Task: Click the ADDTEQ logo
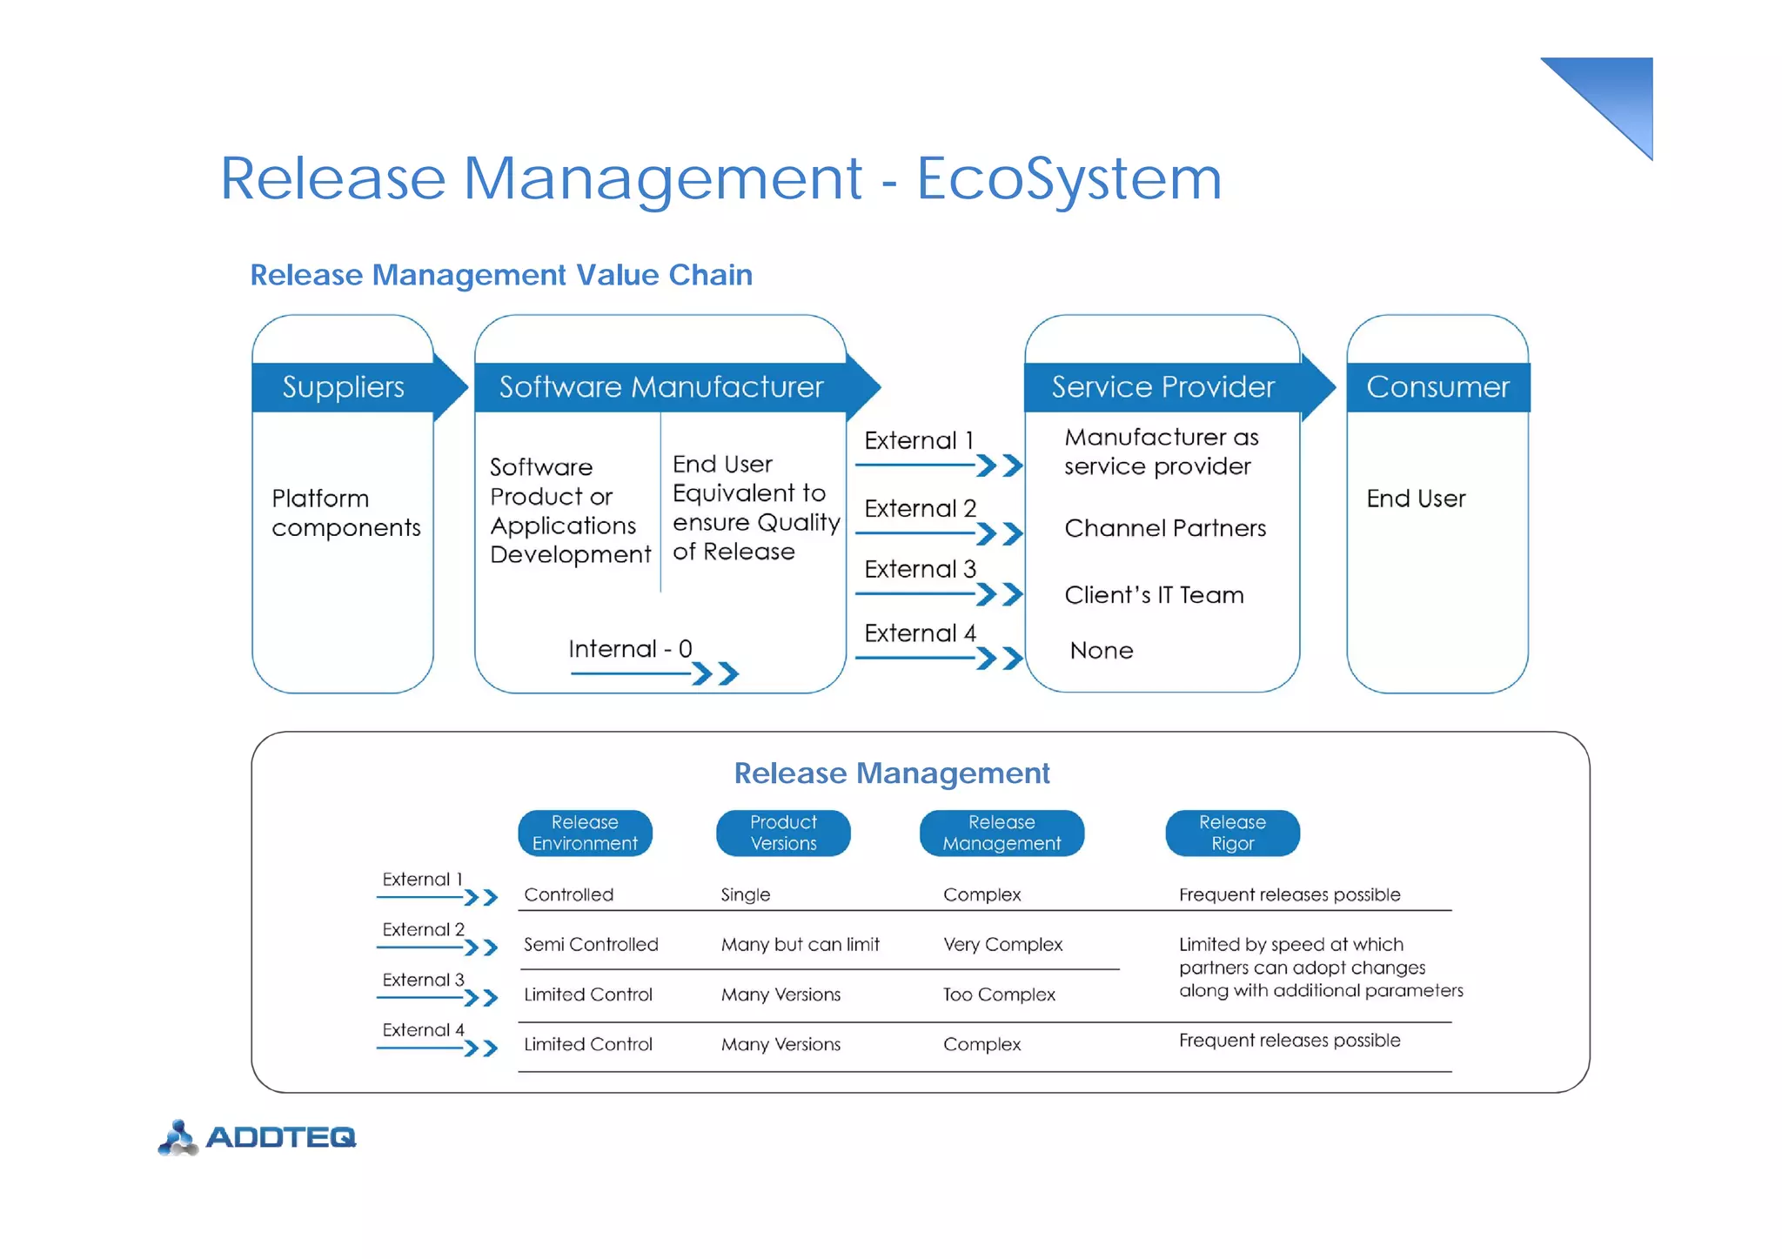[x=258, y=1137]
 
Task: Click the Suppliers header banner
[x=344, y=386]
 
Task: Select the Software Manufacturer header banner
[x=661, y=386]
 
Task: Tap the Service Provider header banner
[x=1162, y=386]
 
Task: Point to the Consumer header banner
[x=1437, y=386]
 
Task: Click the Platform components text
[x=345, y=512]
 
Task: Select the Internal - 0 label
[x=630, y=649]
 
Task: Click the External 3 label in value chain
[x=920, y=569]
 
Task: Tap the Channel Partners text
[x=1165, y=528]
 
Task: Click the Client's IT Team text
[x=1154, y=595]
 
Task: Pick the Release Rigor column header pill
[x=1232, y=833]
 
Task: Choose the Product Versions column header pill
[x=783, y=833]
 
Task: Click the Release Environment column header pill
[x=585, y=833]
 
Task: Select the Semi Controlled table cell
[x=591, y=944]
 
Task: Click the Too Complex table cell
[x=999, y=994]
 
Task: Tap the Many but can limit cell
[x=800, y=944]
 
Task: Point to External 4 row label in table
[x=423, y=1030]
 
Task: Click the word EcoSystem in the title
[x=1069, y=178]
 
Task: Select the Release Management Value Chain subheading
[x=501, y=275]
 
